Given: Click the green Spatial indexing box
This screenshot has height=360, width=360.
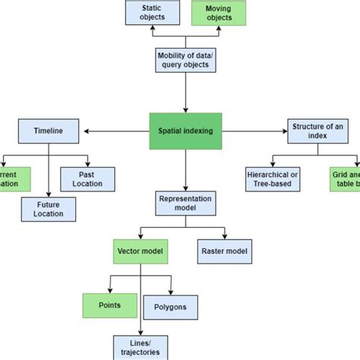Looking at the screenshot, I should (x=185, y=131).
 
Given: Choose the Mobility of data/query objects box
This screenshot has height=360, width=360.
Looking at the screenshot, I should (x=185, y=60).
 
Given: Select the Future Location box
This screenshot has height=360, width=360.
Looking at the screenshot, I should (x=49, y=209).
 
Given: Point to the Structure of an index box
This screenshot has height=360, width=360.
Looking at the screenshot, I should (x=319, y=131).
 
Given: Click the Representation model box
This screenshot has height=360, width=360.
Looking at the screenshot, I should (x=185, y=203).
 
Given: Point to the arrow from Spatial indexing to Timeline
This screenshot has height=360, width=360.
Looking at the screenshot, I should (x=114, y=131).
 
